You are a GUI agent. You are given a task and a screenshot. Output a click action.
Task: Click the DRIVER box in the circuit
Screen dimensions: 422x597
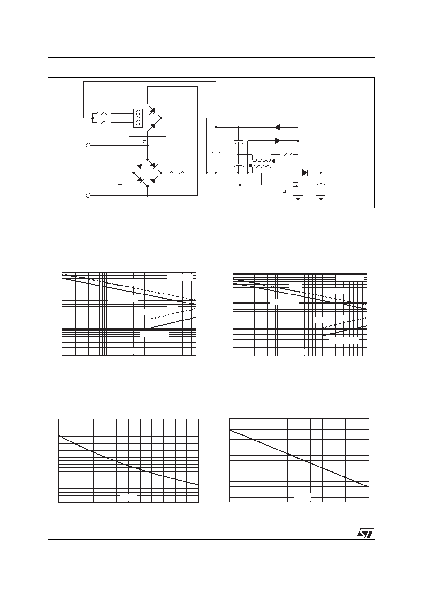coord(138,118)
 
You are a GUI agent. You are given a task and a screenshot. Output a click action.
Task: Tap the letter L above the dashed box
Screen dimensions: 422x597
coord(145,95)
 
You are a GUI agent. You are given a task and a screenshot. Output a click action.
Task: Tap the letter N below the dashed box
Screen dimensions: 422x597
coord(145,141)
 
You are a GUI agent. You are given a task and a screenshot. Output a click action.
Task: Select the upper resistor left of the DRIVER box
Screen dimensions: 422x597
coord(104,113)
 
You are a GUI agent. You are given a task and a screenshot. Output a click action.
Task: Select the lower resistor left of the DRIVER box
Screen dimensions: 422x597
coord(104,122)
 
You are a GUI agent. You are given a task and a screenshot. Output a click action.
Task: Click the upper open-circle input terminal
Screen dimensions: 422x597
coord(88,146)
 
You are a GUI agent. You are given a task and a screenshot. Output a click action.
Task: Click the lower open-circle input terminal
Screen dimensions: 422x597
coord(88,195)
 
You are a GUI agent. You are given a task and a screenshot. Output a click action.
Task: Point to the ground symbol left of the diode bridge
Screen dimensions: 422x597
coord(120,183)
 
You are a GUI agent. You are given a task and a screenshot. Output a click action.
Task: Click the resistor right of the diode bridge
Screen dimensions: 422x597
coord(177,173)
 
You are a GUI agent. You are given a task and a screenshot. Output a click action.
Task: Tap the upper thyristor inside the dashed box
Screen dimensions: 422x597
coord(153,110)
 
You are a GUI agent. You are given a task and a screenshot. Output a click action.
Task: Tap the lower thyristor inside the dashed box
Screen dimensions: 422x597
coord(153,126)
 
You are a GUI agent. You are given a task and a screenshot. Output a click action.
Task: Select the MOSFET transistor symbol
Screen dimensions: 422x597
coord(295,189)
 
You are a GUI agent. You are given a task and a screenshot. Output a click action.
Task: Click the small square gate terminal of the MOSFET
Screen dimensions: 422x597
coord(284,191)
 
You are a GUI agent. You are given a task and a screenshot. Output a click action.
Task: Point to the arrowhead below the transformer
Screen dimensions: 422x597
coord(240,185)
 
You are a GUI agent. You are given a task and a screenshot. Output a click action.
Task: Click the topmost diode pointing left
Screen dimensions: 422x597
coord(277,128)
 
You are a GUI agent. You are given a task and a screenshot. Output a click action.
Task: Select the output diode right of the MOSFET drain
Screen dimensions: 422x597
coord(305,173)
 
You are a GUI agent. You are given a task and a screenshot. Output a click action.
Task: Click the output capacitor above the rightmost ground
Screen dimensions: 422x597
coord(321,183)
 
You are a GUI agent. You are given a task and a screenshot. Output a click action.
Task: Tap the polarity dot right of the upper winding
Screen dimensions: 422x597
coord(273,161)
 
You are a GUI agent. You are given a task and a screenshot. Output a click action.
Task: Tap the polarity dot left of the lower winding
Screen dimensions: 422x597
coord(250,165)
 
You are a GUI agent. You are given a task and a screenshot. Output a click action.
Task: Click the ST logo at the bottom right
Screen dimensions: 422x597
coord(365,533)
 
